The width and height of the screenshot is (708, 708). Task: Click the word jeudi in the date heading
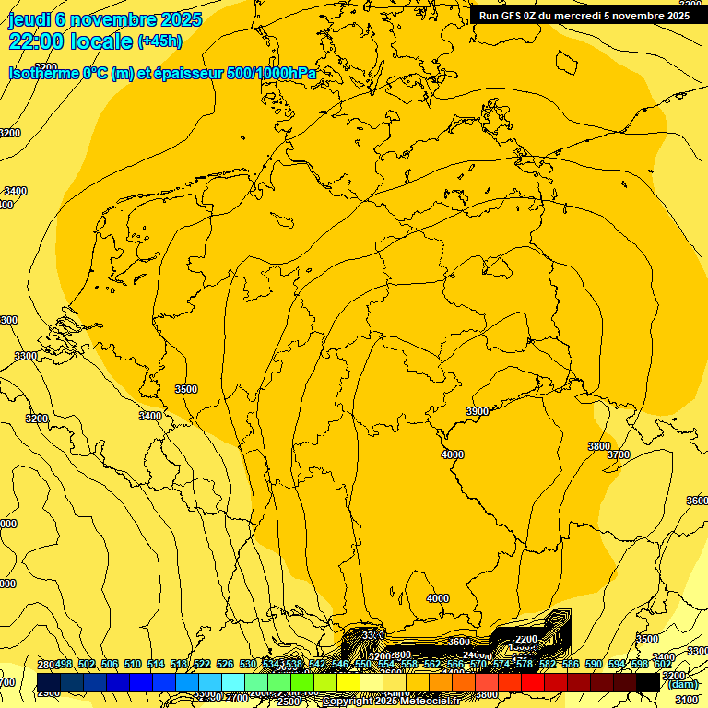pyautogui.click(x=30, y=19)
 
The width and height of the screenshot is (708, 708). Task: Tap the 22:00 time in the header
pyautogui.click(x=37, y=41)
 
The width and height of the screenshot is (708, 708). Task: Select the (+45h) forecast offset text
pyautogui.click(x=159, y=41)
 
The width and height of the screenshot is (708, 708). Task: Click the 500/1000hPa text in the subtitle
pyautogui.click(x=276, y=73)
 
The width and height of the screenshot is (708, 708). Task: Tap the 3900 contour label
pyautogui.click(x=478, y=411)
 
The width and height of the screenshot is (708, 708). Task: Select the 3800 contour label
pyautogui.click(x=599, y=446)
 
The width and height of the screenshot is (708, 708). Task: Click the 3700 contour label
pyautogui.click(x=619, y=454)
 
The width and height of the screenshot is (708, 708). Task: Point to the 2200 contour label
pyautogui.click(x=526, y=639)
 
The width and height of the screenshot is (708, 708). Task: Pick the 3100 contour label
pyautogui.click(x=686, y=701)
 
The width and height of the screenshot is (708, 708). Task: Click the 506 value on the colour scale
pyautogui.click(x=109, y=665)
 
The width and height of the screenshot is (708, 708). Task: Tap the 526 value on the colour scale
pyautogui.click(x=224, y=665)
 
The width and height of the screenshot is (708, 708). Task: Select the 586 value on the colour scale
pyautogui.click(x=570, y=665)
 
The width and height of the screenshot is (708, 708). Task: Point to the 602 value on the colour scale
pyautogui.click(x=662, y=665)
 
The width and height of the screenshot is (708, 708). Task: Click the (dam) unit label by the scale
pyautogui.click(x=682, y=684)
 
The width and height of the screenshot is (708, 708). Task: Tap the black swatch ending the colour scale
pyautogui.click(x=647, y=682)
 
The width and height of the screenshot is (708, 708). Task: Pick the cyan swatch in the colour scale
pyautogui.click(x=233, y=682)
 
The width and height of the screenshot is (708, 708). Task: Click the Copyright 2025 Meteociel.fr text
pyautogui.click(x=391, y=702)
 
